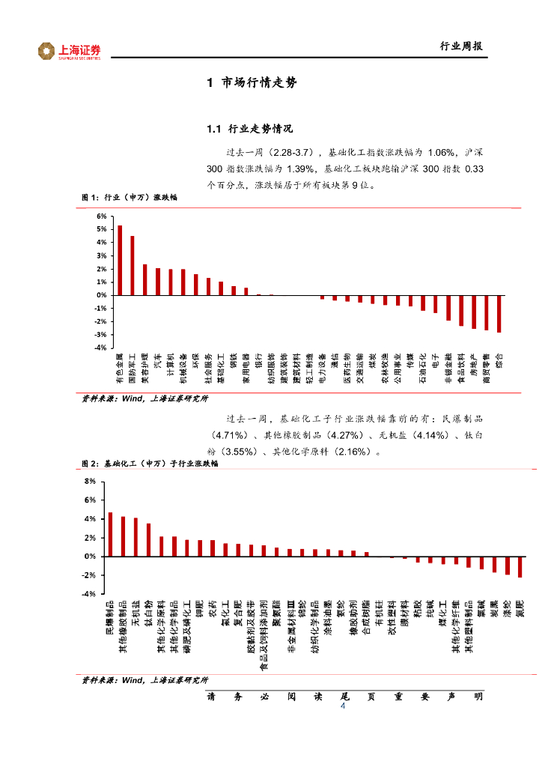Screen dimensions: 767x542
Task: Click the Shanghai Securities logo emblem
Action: pos(46,51)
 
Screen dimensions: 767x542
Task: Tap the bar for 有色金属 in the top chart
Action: pos(120,260)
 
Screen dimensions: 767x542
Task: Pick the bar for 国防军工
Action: pos(133,265)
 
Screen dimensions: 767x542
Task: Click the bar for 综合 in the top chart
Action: pos(499,314)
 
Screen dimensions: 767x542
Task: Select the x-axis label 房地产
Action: pos(474,367)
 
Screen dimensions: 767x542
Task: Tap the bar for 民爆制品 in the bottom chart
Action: pos(110,534)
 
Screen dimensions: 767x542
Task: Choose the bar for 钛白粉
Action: pos(148,539)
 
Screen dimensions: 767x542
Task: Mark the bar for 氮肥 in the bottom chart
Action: pos(520,567)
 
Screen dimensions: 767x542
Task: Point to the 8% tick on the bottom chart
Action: pos(90,481)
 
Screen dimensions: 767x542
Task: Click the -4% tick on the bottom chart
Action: pos(89,594)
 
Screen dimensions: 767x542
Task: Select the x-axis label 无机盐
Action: pos(135,613)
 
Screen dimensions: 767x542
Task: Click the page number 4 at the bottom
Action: pos(343,707)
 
